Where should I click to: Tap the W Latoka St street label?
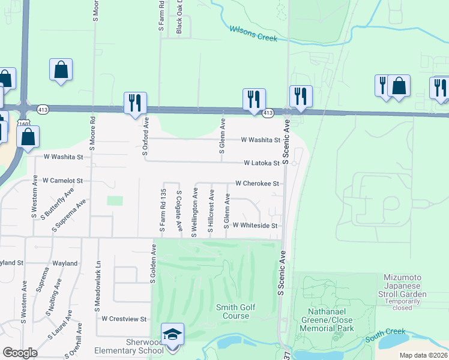click(262, 163)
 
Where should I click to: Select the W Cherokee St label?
click(258, 184)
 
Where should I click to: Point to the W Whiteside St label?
click(255, 226)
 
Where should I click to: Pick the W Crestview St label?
click(125, 319)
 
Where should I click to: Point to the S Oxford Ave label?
click(146, 136)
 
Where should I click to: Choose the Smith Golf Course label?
click(236, 311)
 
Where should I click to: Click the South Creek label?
click(385, 334)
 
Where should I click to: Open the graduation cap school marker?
click(172, 334)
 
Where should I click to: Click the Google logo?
click(20, 353)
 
